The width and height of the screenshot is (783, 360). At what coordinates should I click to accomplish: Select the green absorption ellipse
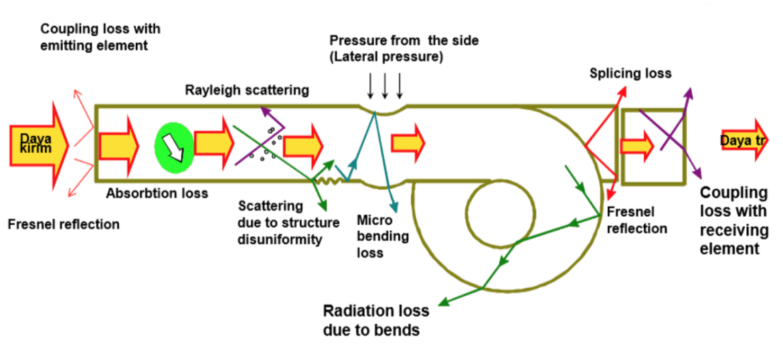point(174,145)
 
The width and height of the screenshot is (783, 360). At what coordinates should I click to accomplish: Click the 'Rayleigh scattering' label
point(247,90)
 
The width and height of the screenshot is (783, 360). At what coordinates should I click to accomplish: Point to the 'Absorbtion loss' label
point(157,193)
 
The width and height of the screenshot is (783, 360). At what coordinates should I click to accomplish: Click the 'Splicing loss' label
point(630,73)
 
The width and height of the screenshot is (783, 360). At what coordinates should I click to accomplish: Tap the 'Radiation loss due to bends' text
point(375,320)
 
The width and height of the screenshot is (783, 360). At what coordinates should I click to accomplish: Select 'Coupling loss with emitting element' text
point(100,37)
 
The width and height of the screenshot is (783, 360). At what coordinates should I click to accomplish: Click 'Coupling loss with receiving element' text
point(733,221)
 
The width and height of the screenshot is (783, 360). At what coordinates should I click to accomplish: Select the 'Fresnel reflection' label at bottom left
point(64,224)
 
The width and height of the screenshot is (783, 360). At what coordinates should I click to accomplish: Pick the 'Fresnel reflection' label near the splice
point(636,220)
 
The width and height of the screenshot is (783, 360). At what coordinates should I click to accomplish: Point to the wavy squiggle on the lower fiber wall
point(327,181)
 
